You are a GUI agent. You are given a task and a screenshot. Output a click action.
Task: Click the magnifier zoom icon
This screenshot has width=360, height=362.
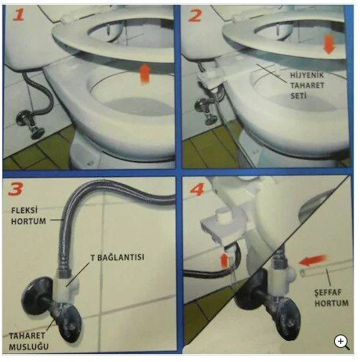[342, 342]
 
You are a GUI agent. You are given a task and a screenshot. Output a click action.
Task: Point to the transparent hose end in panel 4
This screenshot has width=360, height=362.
[314, 274]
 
